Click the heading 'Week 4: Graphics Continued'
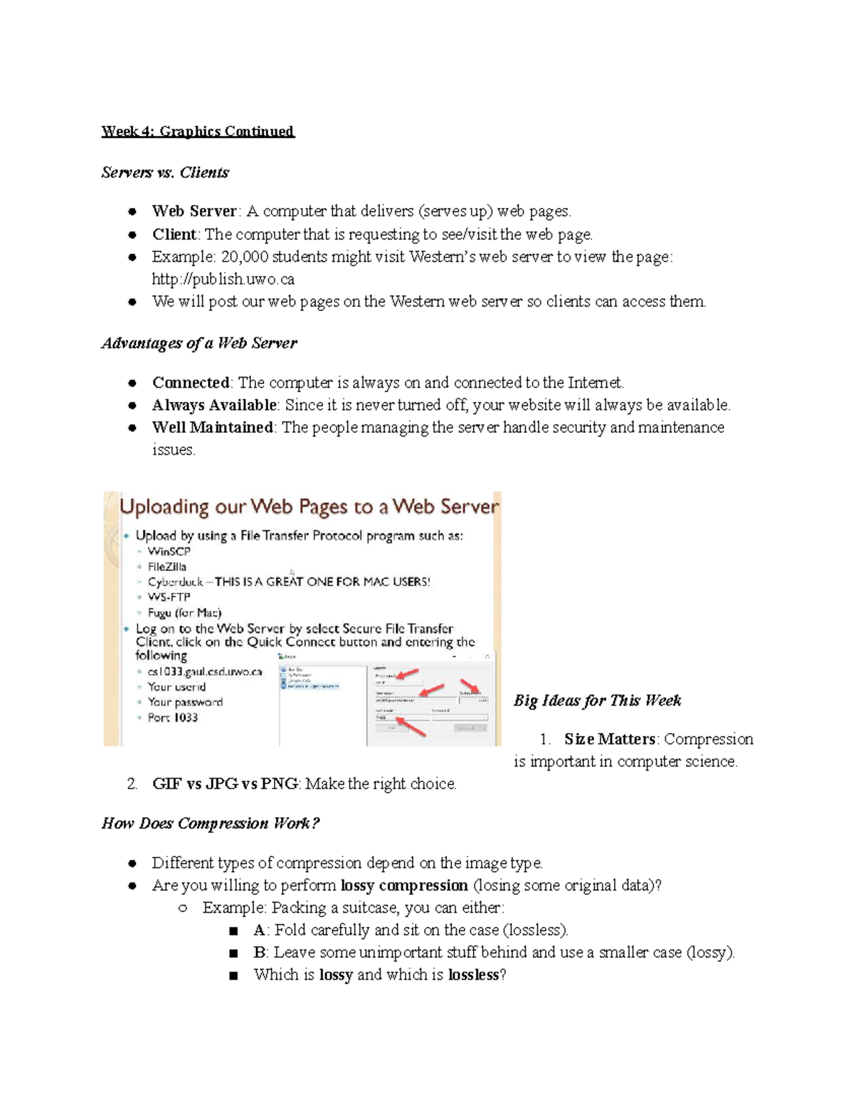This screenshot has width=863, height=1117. click(x=198, y=131)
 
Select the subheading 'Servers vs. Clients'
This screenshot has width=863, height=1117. click(x=165, y=173)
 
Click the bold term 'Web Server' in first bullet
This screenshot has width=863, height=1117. click(x=193, y=211)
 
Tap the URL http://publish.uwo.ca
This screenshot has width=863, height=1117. click(x=223, y=279)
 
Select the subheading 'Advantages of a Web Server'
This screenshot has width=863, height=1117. click(x=199, y=343)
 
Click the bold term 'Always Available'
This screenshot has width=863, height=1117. click(x=214, y=405)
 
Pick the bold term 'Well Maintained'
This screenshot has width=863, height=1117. click(x=212, y=427)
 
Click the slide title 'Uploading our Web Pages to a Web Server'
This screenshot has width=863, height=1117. click(x=309, y=507)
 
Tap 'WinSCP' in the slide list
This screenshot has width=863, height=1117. click(x=169, y=552)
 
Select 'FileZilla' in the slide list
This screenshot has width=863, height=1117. click(x=167, y=567)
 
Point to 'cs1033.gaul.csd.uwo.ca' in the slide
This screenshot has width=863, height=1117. click(x=205, y=672)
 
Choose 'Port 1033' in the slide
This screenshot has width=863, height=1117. click(x=173, y=718)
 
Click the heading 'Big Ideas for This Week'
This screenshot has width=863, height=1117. click(x=597, y=701)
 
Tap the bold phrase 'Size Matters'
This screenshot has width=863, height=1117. click(x=610, y=739)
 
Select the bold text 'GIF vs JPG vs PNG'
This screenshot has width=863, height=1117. click(x=224, y=784)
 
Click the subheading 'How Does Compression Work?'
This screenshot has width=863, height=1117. click(x=210, y=824)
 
